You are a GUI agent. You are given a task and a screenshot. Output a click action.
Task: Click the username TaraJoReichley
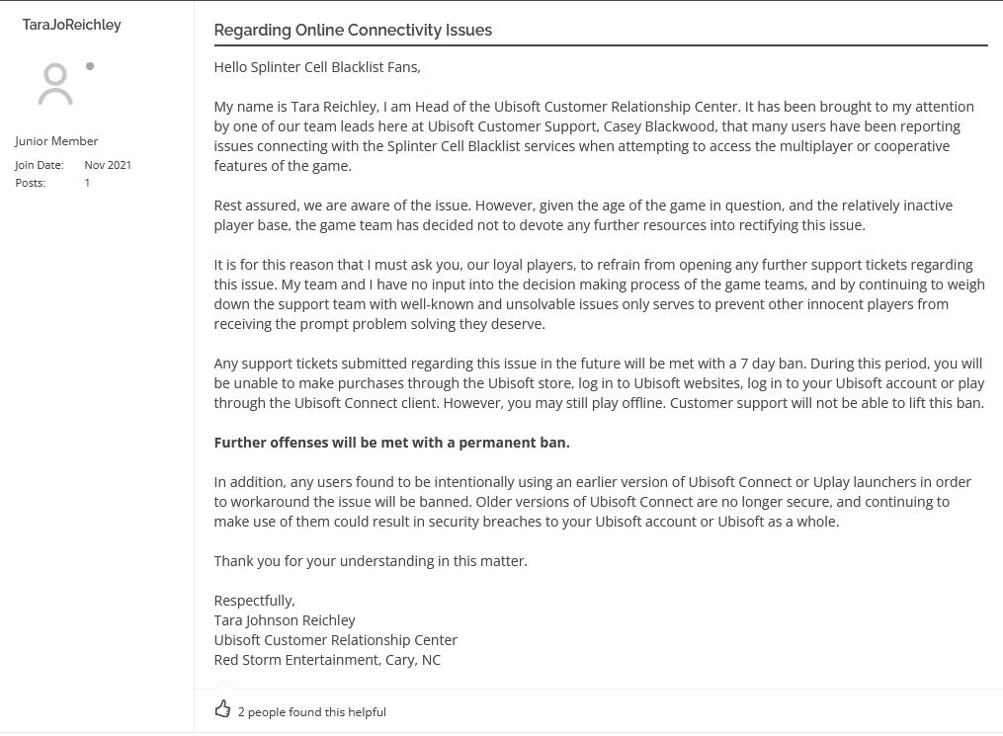(71, 25)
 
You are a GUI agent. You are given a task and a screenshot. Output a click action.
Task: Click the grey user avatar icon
(55, 84)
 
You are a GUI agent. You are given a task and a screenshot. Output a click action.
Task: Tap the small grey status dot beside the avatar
(90, 66)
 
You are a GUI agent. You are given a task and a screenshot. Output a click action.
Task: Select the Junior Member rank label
(56, 141)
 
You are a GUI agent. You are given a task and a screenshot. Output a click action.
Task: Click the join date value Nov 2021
(108, 165)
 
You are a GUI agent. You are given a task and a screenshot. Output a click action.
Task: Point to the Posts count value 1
(87, 183)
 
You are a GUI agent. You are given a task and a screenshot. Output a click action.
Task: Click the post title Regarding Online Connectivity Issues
(353, 30)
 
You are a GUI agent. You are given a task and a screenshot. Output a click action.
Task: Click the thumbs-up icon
(222, 709)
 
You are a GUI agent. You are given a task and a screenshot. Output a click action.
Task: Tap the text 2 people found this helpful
(312, 711)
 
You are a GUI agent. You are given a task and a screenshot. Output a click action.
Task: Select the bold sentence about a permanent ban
(391, 443)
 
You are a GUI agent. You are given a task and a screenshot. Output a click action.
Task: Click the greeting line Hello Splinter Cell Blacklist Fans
(317, 67)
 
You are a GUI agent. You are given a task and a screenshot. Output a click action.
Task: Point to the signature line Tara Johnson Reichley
(285, 620)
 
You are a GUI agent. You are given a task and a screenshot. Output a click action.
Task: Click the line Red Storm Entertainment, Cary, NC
(327, 660)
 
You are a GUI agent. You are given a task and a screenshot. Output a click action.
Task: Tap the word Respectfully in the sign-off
(254, 601)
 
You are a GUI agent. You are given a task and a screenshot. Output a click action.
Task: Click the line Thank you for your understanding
(371, 561)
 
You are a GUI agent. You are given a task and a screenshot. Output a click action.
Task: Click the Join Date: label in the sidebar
(40, 165)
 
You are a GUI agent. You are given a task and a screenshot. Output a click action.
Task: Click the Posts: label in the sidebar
(31, 183)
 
